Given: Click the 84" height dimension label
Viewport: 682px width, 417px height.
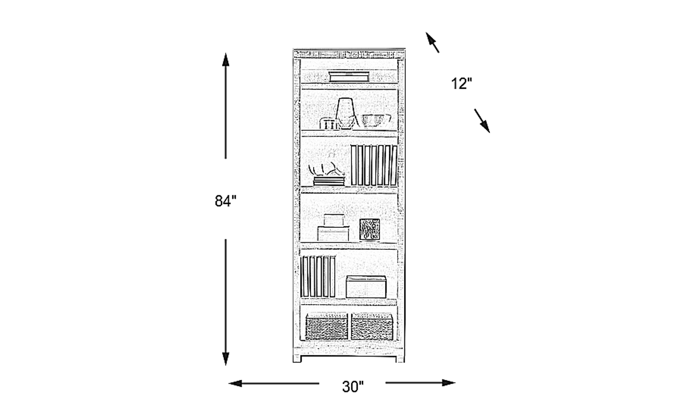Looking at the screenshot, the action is [225, 201].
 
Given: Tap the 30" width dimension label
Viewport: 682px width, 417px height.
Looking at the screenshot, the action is [353, 387].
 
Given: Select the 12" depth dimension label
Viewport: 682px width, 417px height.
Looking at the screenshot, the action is [461, 84].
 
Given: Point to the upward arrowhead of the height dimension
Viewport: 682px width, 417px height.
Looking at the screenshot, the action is [225, 60].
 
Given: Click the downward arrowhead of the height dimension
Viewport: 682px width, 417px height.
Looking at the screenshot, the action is [225, 359].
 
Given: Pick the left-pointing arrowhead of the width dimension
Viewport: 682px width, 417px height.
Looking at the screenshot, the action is [235, 383].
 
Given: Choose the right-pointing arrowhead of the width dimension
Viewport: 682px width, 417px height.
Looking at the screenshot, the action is [449, 383].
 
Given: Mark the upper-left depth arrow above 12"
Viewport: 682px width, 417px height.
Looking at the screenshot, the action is [432, 42].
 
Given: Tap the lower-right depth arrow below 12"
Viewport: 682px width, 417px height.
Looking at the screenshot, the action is [482, 121].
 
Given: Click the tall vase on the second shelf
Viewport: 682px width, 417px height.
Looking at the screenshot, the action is [345, 113].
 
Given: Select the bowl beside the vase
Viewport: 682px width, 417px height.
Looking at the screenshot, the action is [376, 121].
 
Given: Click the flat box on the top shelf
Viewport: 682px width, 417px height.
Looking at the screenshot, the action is [349, 76].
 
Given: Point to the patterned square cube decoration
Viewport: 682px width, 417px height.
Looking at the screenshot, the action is [369, 229].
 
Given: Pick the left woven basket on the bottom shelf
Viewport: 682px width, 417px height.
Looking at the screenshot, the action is [327, 327].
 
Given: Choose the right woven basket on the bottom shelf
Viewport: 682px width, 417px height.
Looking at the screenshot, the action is [372, 327].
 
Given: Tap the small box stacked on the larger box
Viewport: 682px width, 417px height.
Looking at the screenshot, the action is [334, 220].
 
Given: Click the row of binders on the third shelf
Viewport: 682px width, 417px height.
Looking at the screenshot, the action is [374, 165].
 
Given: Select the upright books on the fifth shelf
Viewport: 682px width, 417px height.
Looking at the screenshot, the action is [318, 277].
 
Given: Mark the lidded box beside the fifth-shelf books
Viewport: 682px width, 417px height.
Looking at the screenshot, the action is [366, 287].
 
